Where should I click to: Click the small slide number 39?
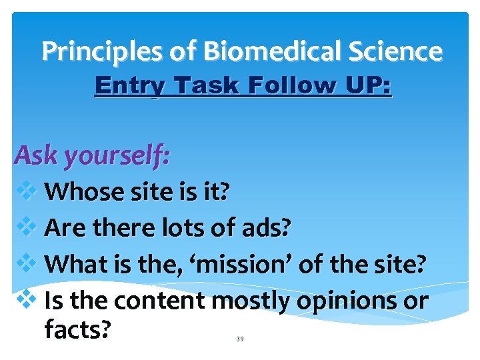(x=240, y=339)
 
